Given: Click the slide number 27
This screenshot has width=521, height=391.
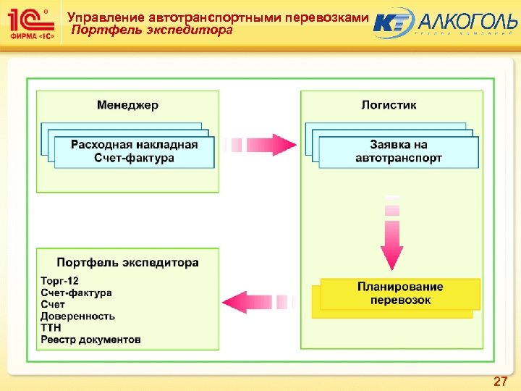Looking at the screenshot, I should click(x=499, y=381).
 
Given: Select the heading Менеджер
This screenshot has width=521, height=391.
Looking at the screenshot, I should click(x=127, y=105).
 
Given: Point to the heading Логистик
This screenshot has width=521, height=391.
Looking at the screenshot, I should click(x=389, y=105).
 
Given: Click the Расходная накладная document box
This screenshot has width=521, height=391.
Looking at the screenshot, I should click(x=134, y=151).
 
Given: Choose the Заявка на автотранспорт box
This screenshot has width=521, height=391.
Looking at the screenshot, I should click(x=399, y=151).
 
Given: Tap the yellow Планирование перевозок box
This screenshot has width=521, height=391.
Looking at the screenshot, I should click(x=400, y=293).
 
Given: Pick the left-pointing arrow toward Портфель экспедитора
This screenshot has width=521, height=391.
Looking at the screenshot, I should click(x=257, y=300).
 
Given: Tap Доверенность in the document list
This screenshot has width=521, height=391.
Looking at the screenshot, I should click(x=77, y=316).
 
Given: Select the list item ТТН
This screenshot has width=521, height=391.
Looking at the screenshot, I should click(x=51, y=328).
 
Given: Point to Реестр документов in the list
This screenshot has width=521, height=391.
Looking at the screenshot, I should click(x=90, y=340).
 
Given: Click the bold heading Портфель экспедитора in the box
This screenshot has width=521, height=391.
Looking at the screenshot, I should click(x=127, y=263).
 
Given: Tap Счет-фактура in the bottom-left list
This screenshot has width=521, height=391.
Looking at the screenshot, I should click(x=76, y=293).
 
